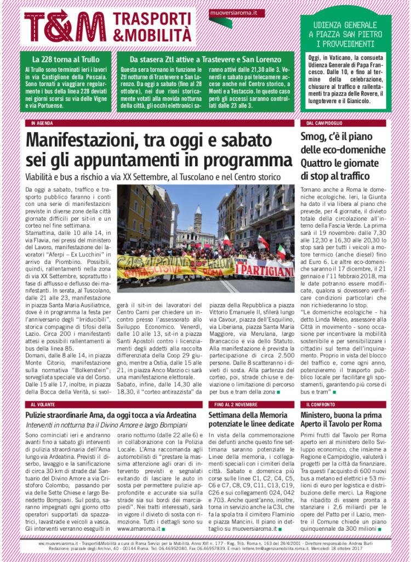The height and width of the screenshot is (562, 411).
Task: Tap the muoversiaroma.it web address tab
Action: tap(237, 13)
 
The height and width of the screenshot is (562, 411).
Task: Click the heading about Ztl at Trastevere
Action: tap(205, 59)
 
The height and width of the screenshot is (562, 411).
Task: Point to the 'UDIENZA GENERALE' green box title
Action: tap(345, 25)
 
